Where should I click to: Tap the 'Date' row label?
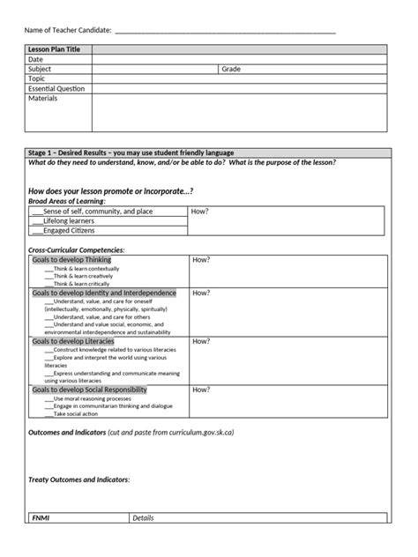[x=36, y=59]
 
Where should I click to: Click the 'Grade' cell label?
[x=231, y=69]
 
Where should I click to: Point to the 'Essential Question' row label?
[x=56, y=88]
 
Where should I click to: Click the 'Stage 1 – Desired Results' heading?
[x=131, y=152]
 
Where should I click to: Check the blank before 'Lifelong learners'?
[x=36, y=221]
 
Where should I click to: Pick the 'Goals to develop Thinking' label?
[x=71, y=261]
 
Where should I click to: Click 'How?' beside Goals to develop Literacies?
[x=201, y=341]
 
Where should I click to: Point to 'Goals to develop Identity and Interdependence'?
[x=104, y=293]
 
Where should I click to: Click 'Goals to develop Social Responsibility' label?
[x=89, y=390]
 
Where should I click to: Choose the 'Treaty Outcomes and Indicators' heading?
[x=79, y=479]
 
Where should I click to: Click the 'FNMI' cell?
[x=41, y=518]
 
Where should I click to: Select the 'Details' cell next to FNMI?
[x=144, y=518]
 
